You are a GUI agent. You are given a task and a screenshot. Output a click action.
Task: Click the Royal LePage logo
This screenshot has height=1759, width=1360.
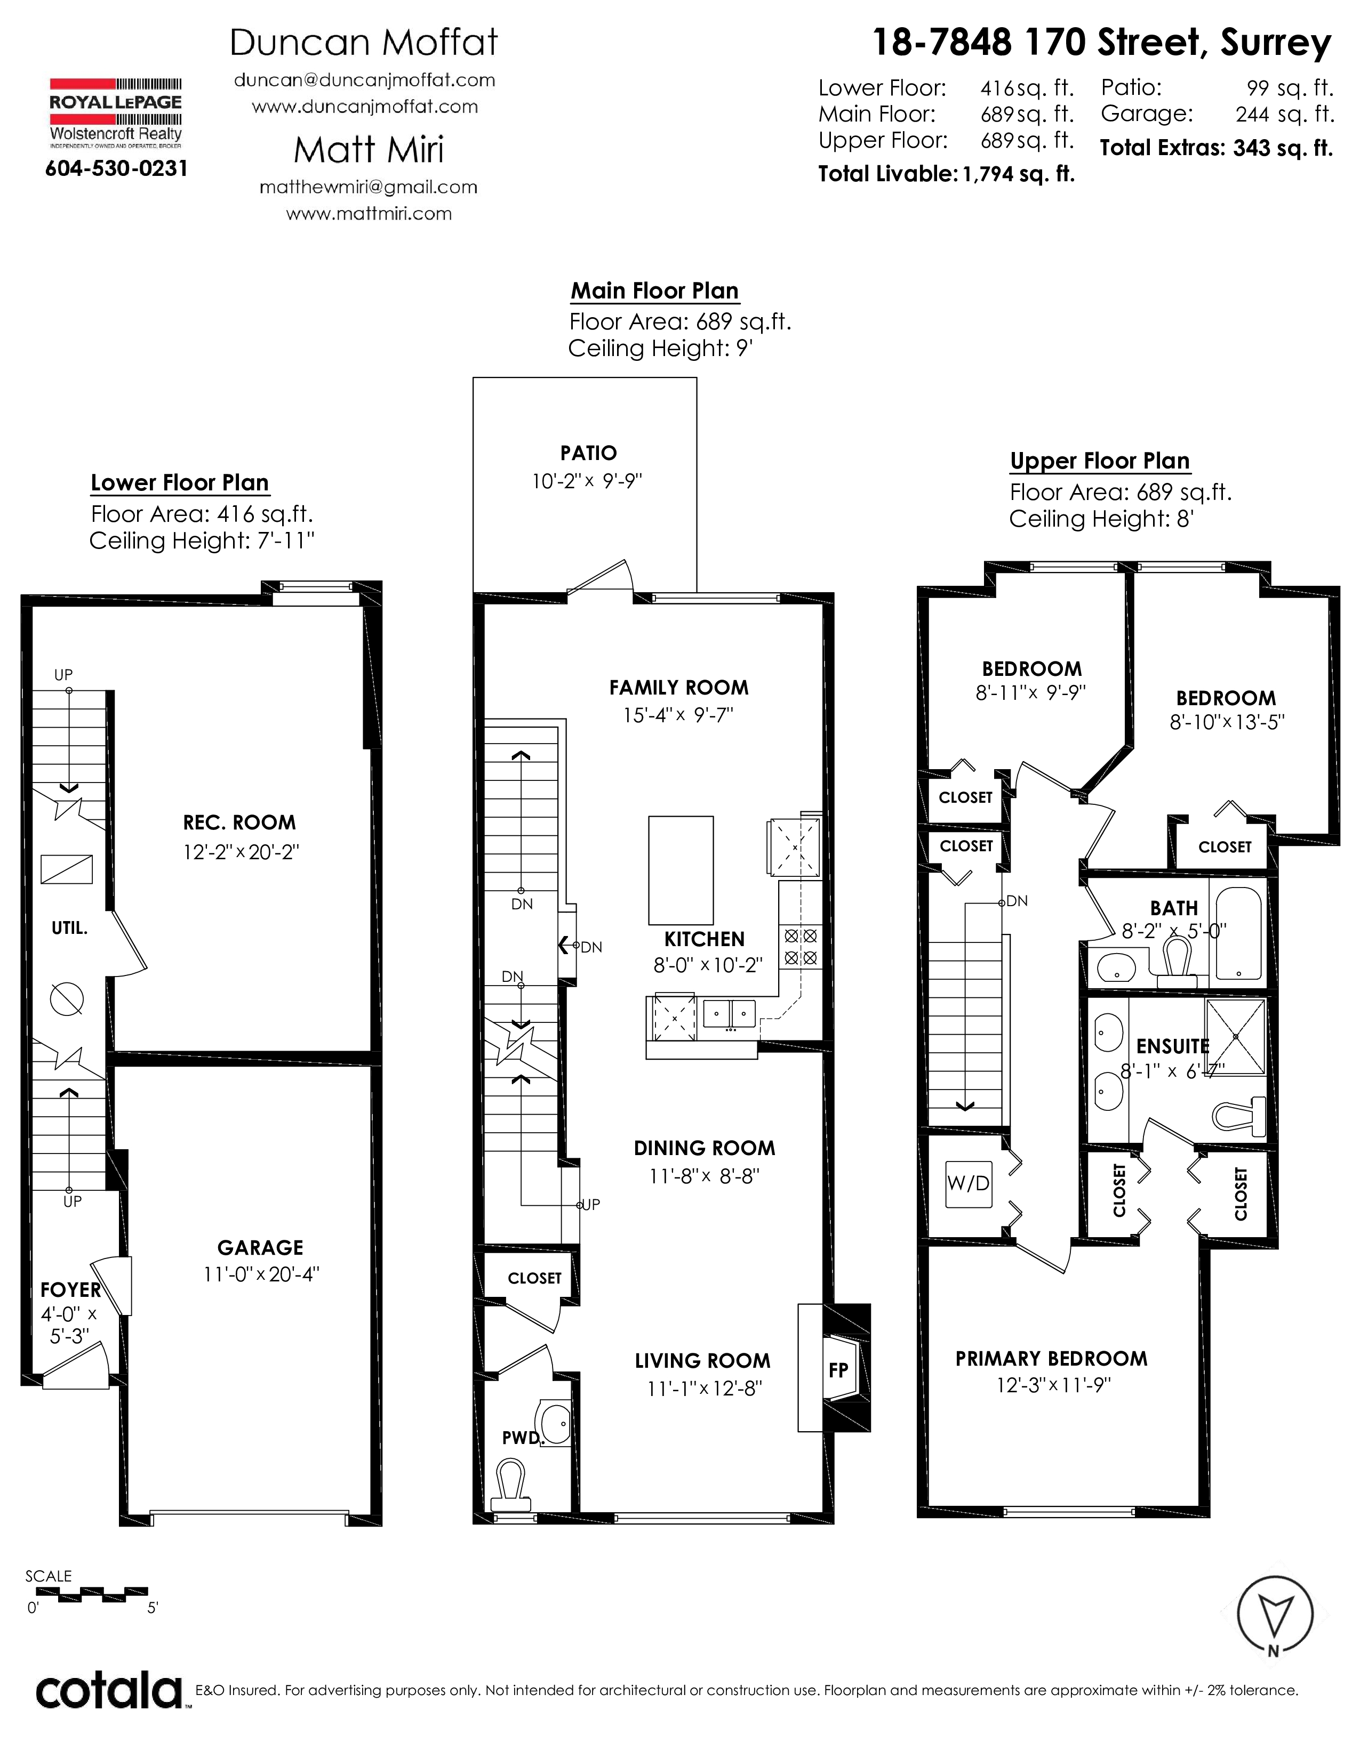(116, 114)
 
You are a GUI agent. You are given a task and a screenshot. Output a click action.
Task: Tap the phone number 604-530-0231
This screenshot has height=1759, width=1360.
(117, 168)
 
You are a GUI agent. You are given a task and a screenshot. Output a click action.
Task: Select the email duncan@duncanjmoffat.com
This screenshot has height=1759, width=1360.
(364, 80)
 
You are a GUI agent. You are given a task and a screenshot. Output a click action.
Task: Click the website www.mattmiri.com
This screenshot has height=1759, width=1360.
(369, 213)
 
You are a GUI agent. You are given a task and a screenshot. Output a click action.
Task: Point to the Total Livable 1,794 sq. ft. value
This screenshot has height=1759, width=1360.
(1018, 174)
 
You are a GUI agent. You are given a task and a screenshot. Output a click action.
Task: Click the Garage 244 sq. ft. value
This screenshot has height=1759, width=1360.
(1285, 115)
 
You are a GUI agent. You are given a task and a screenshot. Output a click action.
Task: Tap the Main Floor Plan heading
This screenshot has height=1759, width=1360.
(655, 291)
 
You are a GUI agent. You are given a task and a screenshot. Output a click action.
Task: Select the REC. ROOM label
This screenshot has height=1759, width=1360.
(239, 822)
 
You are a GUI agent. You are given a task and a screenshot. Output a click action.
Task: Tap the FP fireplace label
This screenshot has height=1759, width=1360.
(838, 1370)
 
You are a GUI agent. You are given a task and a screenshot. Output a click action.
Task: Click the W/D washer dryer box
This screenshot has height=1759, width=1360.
(969, 1183)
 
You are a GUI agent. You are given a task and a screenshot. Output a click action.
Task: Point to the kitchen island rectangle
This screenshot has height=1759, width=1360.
(681, 870)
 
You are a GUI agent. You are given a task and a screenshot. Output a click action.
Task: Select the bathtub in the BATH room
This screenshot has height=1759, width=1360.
(1238, 933)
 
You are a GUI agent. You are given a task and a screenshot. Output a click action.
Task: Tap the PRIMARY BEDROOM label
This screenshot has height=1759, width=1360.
(1051, 1359)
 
